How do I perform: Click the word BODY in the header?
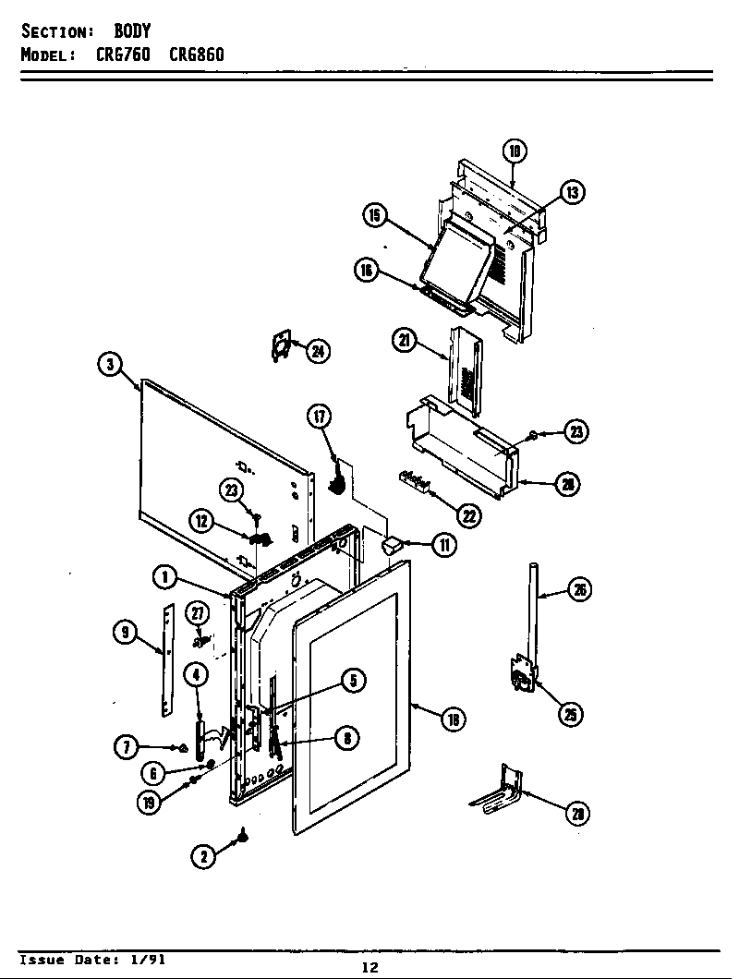(x=132, y=32)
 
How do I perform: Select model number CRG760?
(x=124, y=54)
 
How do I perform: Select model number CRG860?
(x=196, y=54)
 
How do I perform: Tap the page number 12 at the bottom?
(x=369, y=967)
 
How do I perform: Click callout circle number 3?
(x=110, y=364)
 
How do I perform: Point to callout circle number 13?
(x=572, y=192)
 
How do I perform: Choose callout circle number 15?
(x=374, y=215)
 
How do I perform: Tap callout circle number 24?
(x=318, y=350)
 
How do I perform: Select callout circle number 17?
(x=319, y=417)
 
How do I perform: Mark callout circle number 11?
(x=444, y=545)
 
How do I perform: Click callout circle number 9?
(x=125, y=632)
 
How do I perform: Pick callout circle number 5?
(x=353, y=681)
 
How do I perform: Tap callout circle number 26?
(x=579, y=590)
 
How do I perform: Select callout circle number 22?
(x=468, y=515)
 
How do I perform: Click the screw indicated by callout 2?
(x=244, y=835)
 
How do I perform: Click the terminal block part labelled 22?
(x=415, y=481)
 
